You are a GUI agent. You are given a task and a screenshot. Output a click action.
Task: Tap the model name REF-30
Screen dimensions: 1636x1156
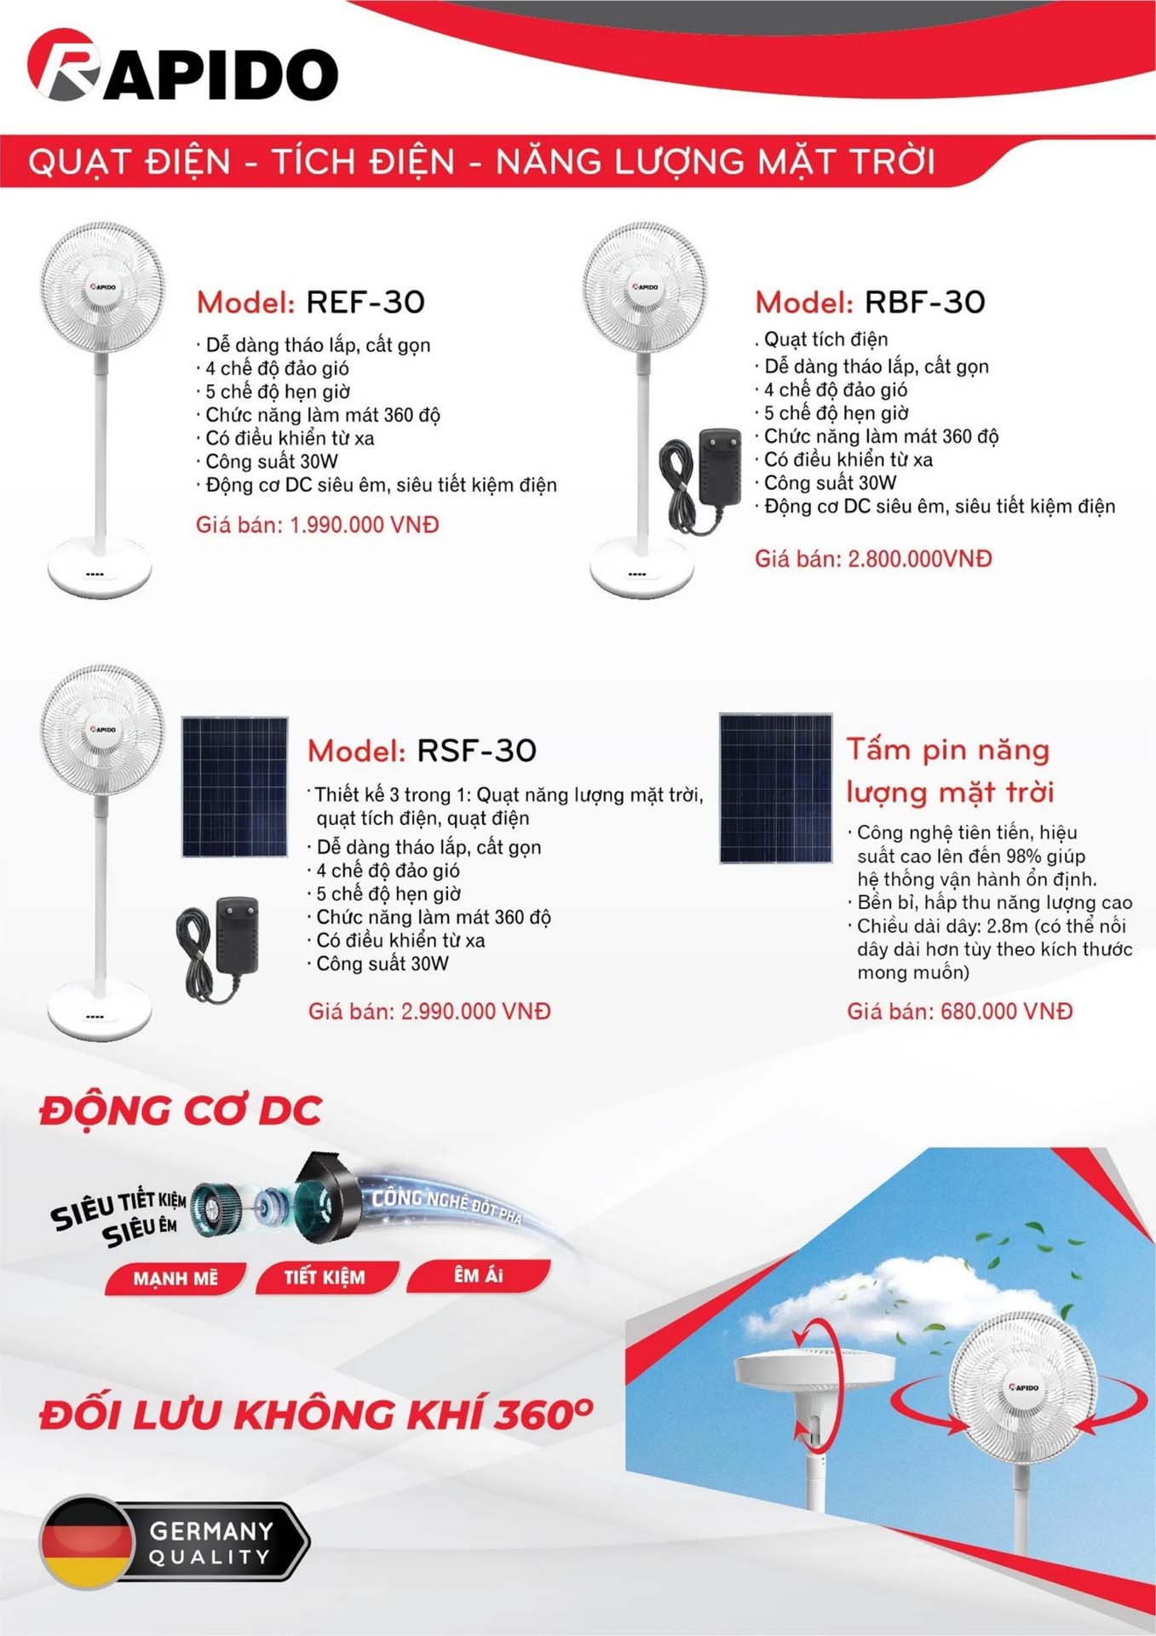tap(365, 302)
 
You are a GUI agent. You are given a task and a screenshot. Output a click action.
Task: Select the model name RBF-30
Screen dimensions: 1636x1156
tap(924, 302)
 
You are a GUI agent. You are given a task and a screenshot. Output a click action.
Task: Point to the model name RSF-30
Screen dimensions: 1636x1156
tap(476, 751)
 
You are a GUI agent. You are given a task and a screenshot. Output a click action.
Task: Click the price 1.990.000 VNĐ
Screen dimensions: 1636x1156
tap(364, 525)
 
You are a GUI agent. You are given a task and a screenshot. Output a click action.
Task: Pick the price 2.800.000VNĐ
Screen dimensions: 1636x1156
tap(920, 559)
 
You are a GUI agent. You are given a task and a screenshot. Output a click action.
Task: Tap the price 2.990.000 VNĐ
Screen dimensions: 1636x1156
tap(475, 1011)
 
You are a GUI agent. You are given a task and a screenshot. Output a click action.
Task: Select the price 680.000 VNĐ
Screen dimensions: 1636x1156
tap(1006, 1011)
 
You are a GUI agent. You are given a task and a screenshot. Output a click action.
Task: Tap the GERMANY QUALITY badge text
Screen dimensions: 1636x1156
tap(211, 1543)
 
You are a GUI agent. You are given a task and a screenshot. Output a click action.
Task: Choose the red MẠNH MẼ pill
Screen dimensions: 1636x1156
tap(175, 1278)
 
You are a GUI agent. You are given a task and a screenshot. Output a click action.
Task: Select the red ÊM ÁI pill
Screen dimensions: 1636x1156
tap(478, 1275)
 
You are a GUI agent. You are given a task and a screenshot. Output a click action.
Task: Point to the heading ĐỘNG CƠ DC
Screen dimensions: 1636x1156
tap(181, 1111)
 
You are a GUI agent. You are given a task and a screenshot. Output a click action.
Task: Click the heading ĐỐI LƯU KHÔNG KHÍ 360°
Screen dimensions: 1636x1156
tap(315, 1414)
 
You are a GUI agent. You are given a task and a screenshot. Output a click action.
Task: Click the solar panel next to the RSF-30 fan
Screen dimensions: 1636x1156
tap(234, 786)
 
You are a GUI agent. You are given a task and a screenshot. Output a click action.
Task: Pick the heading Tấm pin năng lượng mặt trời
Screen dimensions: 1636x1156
tap(950, 770)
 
